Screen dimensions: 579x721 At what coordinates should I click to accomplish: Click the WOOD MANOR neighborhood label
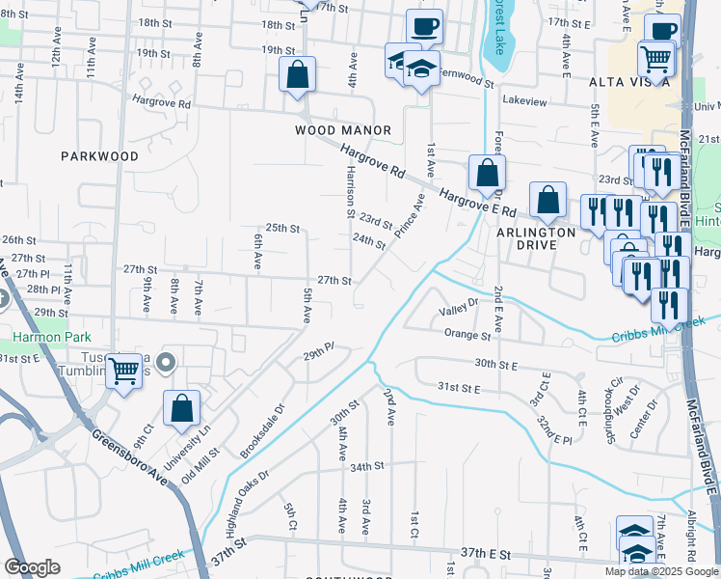343,130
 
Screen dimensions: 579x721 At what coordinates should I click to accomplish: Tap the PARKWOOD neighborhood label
99,155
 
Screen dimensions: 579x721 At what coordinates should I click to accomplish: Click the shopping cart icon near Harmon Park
124,371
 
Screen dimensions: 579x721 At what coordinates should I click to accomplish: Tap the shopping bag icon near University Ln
181,408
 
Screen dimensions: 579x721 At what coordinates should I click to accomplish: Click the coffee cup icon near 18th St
424,26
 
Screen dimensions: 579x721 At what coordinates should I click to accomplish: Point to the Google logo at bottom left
32,566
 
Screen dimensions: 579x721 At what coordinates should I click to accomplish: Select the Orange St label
467,334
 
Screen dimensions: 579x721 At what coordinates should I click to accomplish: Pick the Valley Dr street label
459,309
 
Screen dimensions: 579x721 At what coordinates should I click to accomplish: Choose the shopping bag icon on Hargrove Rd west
298,74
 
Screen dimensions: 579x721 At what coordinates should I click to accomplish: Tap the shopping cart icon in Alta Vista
655,60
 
